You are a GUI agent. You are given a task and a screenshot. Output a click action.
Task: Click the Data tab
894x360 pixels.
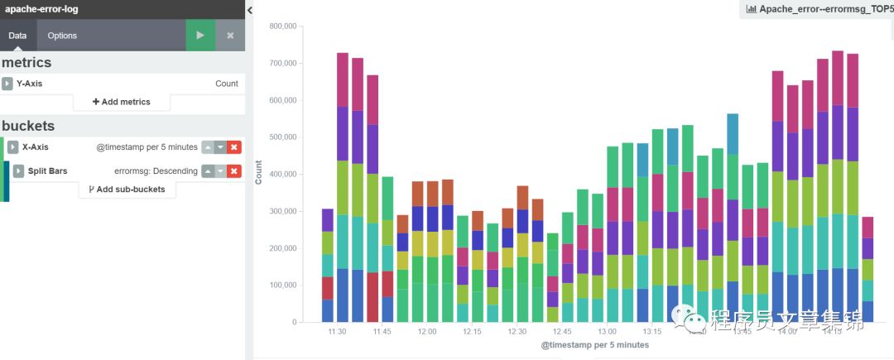(x=17, y=36)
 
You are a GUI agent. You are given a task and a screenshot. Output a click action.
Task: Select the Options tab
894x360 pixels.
(x=62, y=36)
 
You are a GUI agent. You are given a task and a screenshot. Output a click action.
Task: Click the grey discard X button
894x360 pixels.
(x=230, y=36)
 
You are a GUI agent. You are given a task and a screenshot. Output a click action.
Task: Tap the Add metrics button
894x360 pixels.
(x=122, y=102)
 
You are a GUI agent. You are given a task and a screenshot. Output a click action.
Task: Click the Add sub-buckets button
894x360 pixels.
(x=127, y=190)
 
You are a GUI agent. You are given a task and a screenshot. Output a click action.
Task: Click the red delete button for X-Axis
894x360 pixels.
(x=234, y=147)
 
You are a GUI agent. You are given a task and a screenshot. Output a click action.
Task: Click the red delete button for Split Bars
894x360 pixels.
(x=234, y=171)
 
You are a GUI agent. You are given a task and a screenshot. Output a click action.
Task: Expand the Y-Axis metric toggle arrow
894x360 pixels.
(x=7, y=84)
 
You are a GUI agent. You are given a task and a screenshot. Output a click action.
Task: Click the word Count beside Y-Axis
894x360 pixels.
(x=226, y=84)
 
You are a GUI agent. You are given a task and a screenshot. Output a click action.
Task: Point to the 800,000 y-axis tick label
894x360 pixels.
(x=283, y=26)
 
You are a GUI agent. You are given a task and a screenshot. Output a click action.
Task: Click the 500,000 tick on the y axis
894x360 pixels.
(x=283, y=137)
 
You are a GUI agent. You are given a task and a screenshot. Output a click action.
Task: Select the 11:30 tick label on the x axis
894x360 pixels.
(x=337, y=332)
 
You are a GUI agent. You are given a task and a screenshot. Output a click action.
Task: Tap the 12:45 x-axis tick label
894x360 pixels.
(x=562, y=332)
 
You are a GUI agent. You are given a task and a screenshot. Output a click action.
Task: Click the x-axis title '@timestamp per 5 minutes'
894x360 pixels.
(x=594, y=345)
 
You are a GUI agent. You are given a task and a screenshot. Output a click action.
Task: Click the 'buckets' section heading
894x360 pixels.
(x=28, y=126)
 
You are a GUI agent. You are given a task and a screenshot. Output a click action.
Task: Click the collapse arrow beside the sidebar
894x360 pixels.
(x=250, y=10)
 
